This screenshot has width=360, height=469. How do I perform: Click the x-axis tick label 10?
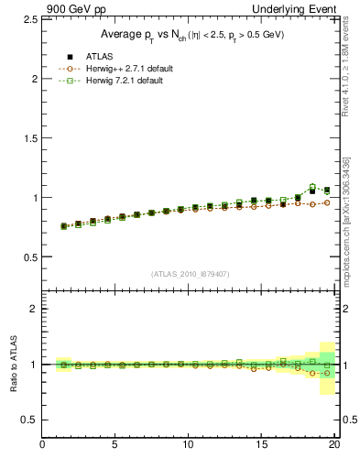point(189,446)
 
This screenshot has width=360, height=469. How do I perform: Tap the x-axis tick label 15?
point(261,446)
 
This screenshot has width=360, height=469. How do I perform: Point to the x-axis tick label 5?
point(115,446)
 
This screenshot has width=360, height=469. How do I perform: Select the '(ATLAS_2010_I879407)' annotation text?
point(190,274)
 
